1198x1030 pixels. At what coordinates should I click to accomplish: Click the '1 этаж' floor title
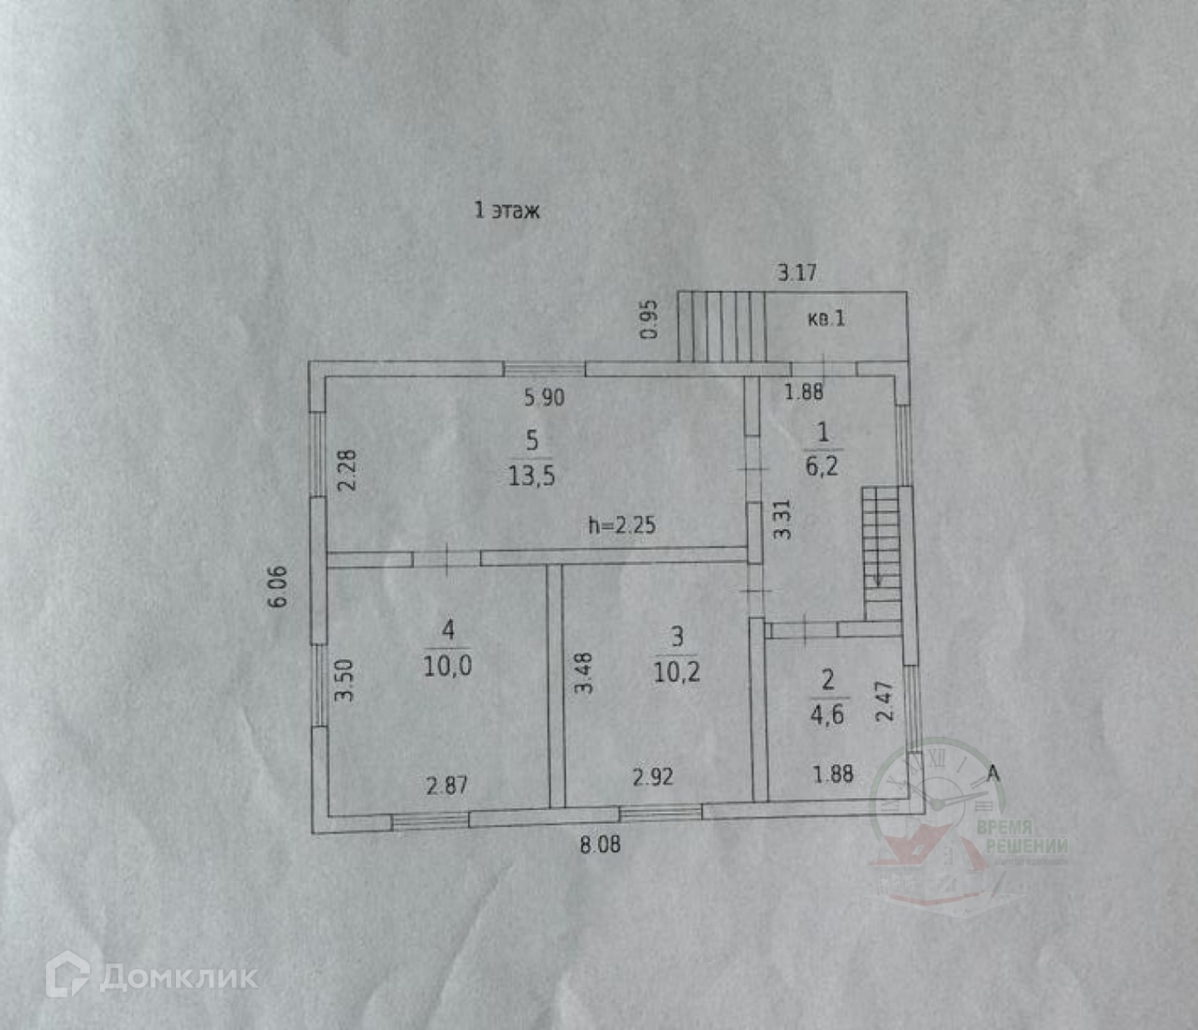(x=506, y=210)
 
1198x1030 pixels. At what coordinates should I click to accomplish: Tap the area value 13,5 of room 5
(x=531, y=476)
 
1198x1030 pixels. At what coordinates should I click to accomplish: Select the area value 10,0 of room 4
(x=447, y=666)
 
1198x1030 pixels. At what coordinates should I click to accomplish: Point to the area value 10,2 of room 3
(x=676, y=671)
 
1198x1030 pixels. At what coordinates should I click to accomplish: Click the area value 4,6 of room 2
(x=826, y=714)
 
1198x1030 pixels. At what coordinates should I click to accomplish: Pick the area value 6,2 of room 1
(x=822, y=465)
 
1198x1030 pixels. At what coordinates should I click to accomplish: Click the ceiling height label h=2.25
(x=621, y=525)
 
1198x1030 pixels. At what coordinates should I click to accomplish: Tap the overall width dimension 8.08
(x=600, y=845)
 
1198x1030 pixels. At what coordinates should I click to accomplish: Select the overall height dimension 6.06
(x=279, y=587)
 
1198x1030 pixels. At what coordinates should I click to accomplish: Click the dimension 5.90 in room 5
(x=544, y=397)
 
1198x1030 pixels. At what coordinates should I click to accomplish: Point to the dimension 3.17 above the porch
(x=796, y=272)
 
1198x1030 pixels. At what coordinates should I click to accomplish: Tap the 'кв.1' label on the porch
(x=826, y=318)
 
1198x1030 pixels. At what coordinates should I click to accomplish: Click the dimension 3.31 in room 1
(x=783, y=519)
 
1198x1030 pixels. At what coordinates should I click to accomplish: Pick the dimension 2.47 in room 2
(x=884, y=700)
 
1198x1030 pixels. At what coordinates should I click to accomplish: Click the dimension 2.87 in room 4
(x=446, y=785)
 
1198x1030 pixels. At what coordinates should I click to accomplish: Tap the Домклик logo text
(x=178, y=978)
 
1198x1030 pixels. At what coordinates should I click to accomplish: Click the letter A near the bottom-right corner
(x=993, y=773)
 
